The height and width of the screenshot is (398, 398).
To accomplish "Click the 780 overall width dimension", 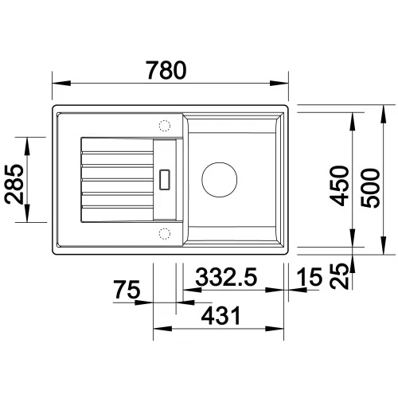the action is click(166, 70).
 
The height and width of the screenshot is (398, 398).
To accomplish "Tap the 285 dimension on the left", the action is click(14, 184).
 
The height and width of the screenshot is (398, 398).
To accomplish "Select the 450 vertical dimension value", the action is click(339, 185).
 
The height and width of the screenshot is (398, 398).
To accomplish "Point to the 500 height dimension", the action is click(371, 188).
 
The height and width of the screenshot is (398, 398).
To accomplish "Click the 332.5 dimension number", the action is click(226, 277).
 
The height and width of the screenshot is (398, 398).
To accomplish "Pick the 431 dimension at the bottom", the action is click(220, 315).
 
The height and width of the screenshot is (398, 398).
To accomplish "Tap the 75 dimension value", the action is click(127, 290).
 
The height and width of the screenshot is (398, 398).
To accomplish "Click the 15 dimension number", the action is click(310, 277).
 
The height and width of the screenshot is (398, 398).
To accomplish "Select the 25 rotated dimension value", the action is click(339, 276).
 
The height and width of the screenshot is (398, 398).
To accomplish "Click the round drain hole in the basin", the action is click(219, 180).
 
